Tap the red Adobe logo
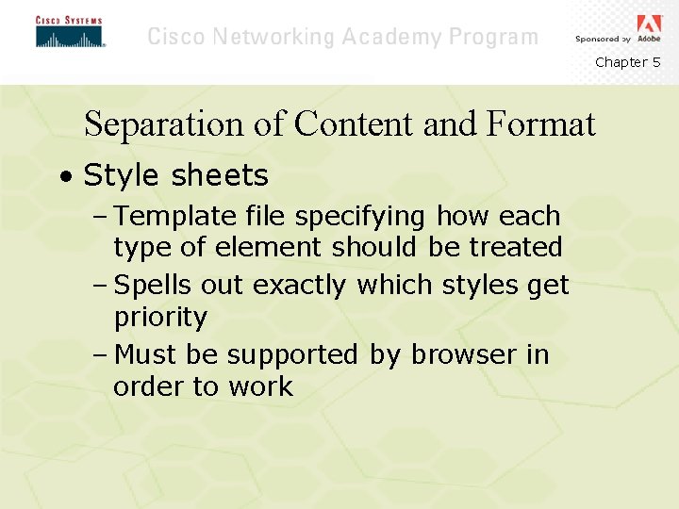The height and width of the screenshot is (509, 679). point(650,24)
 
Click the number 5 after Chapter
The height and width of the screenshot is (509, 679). point(656,62)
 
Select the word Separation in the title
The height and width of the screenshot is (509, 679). point(164,123)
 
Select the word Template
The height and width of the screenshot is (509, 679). point(174,216)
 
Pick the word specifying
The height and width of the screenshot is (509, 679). point(360,217)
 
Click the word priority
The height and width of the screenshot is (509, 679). point(160,318)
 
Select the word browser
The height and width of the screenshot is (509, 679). point(451,354)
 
